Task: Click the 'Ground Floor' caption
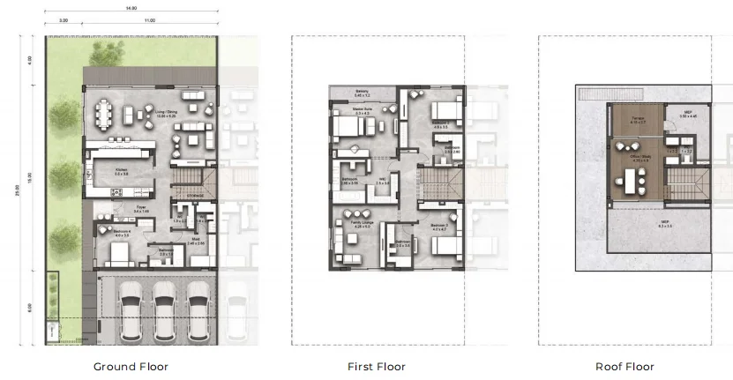pos(131,366)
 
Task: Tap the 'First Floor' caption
pos(376,366)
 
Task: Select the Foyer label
pos(140,210)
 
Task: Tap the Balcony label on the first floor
pos(362,92)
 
